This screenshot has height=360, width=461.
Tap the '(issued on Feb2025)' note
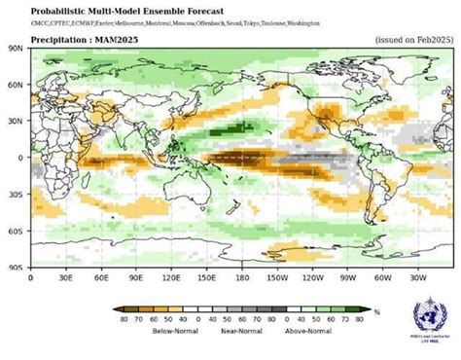coord(413,40)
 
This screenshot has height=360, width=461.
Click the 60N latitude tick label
coord(17,84)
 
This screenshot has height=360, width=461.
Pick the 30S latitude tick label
coord(17,194)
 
